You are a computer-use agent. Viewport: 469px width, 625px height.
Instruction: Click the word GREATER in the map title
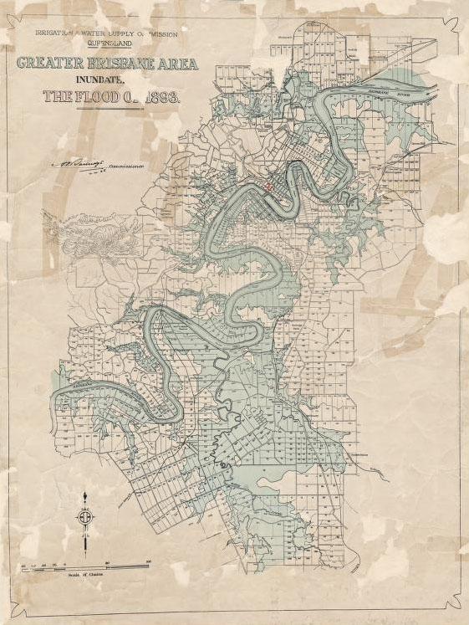tap(47, 64)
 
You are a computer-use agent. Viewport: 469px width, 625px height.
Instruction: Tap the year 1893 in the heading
tap(161, 96)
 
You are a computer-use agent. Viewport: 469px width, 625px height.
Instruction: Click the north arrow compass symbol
tap(84, 518)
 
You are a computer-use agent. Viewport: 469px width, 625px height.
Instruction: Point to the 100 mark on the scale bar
tap(148, 561)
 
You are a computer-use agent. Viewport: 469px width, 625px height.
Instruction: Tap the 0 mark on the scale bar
tap(64, 561)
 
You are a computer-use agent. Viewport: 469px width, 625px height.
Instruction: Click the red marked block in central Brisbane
tap(268, 187)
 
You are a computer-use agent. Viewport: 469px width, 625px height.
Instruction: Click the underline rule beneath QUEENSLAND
tap(104, 54)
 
